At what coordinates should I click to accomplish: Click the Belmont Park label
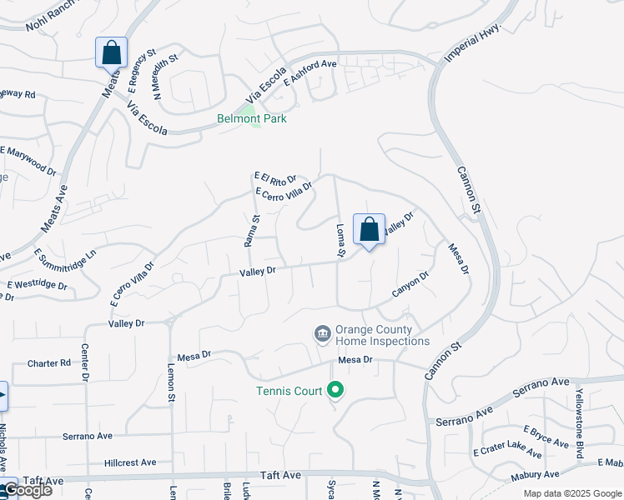(x=252, y=119)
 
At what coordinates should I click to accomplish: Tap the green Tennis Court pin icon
(x=335, y=389)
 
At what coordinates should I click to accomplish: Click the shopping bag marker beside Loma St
(x=369, y=230)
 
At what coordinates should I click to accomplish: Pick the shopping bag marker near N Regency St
(x=111, y=52)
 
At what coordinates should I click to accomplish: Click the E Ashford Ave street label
(x=309, y=72)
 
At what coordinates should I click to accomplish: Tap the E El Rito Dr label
(x=275, y=177)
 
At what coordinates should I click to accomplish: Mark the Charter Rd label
(x=48, y=363)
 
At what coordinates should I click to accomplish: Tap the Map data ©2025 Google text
(x=571, y=493)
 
